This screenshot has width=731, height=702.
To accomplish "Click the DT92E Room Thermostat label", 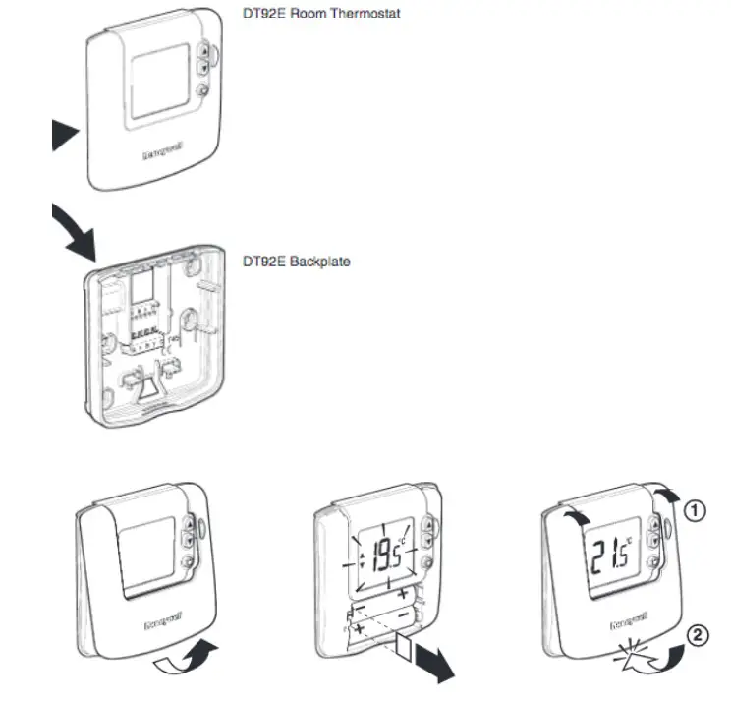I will pos(321,15).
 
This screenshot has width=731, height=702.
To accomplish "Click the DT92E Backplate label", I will pos(296,262).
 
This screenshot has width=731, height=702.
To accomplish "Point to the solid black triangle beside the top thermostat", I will pos(66,134).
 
